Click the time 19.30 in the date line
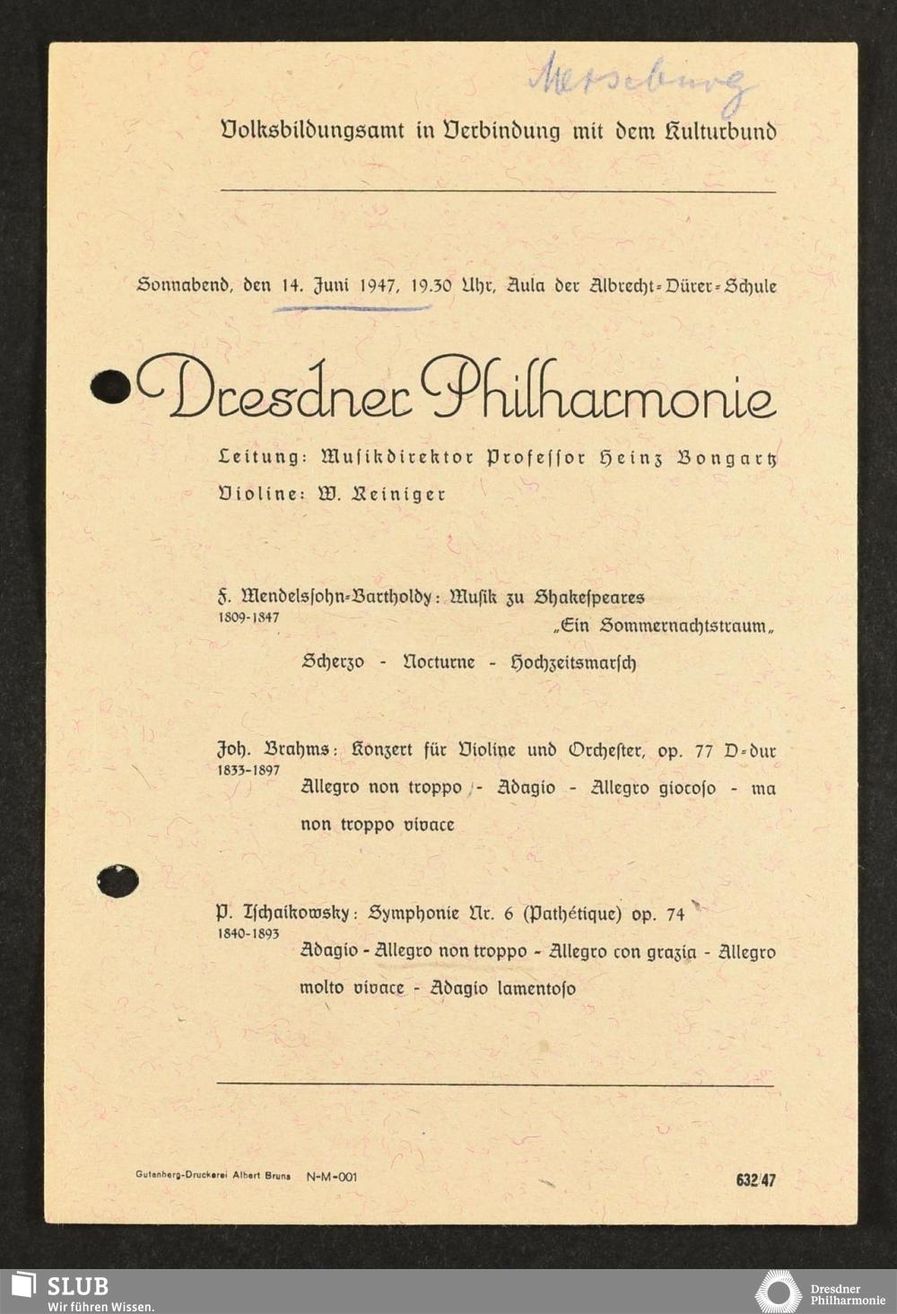[x=431, y=286]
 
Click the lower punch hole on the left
[x=118, y=880]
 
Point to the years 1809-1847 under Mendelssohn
[x=248, y=618]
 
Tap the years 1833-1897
[x=248, y=770]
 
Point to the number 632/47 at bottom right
[x=755, y=1180]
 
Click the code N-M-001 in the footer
[x=331, y=1177]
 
